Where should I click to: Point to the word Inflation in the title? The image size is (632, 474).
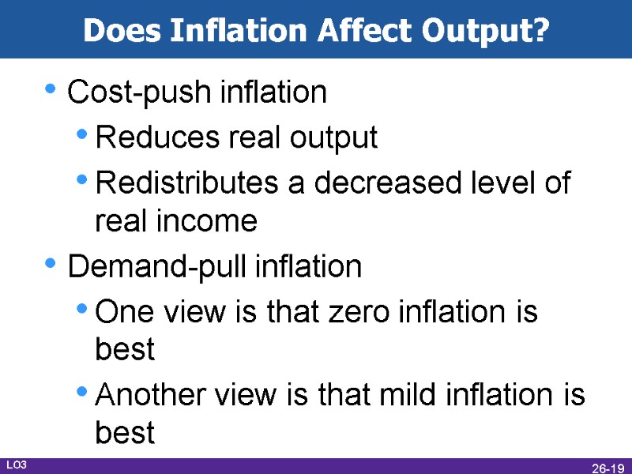[235, 31]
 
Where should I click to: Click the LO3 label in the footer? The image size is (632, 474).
[17, 465]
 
